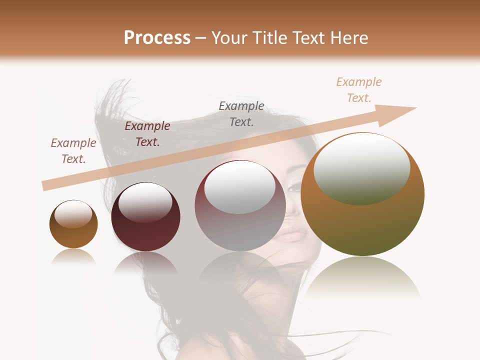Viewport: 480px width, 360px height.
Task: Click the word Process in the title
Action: point(157,38)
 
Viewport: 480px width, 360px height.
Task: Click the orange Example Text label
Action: point(358,90)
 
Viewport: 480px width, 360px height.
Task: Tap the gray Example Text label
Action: point(241,113)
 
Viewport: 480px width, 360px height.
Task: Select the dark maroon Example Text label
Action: point(147,134)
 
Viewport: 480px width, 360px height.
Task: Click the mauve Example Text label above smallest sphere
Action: point(73,150)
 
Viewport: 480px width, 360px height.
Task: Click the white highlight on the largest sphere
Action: point(361,167)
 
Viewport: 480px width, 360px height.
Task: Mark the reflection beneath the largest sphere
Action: point(362,277)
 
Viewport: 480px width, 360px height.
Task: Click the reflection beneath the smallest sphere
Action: point(73,257)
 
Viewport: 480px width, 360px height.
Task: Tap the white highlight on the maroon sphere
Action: point(145,202)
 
